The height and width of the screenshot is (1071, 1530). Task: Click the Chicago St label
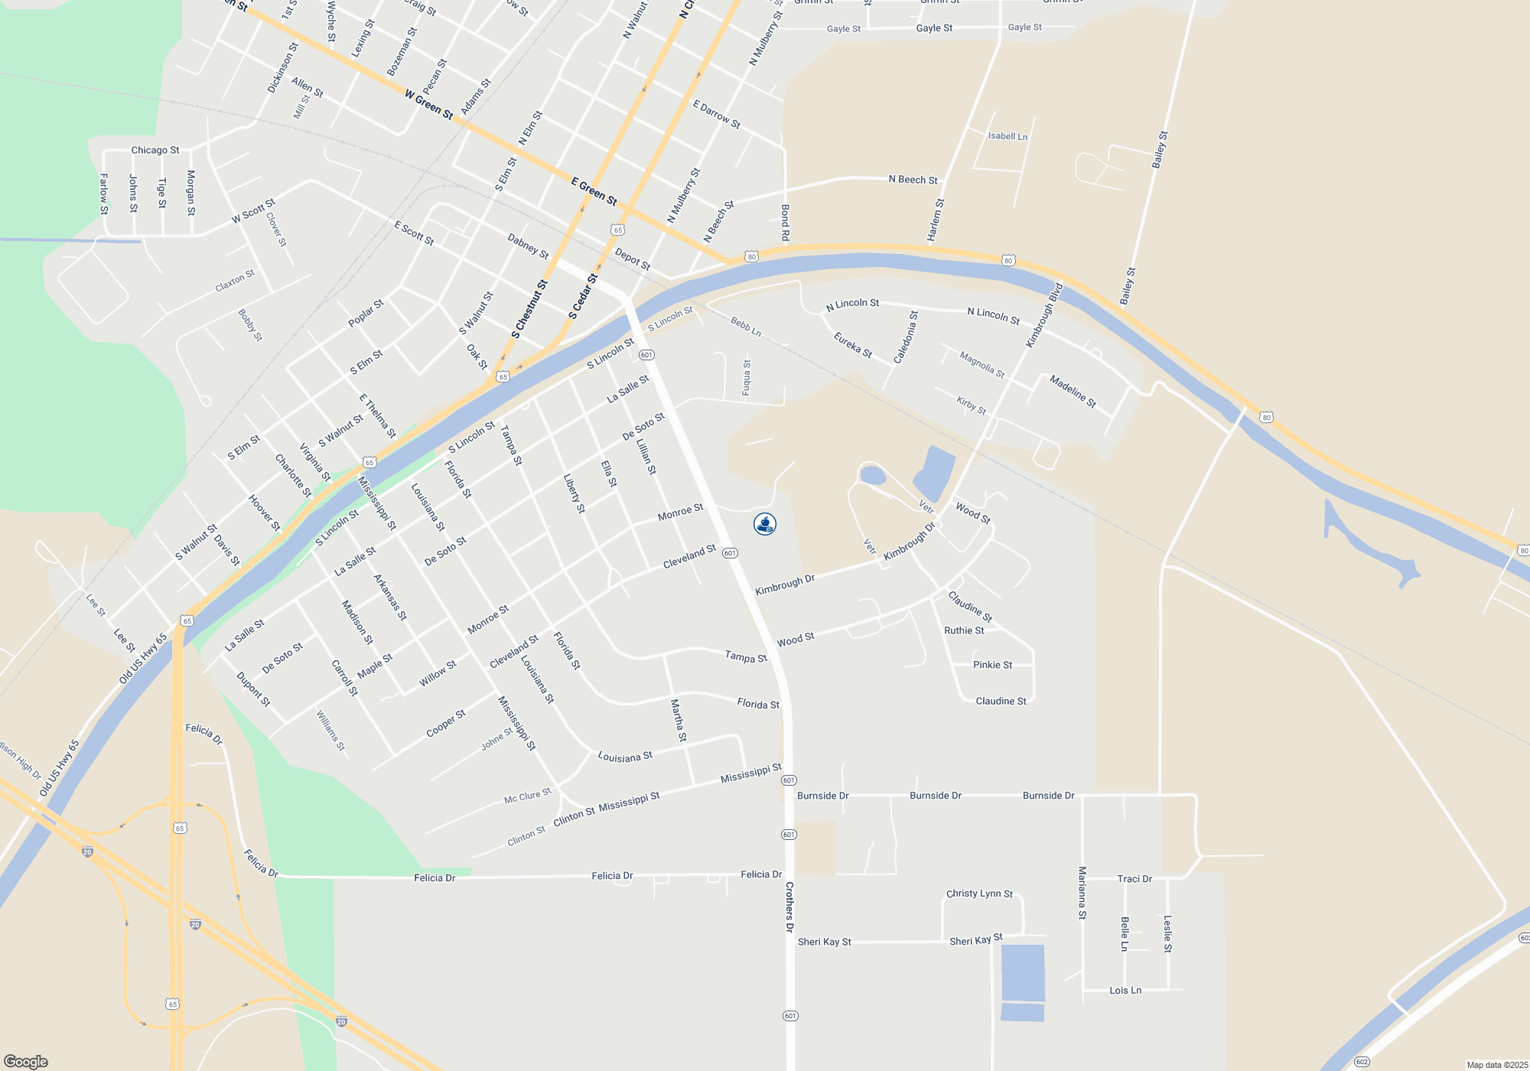[155, 150]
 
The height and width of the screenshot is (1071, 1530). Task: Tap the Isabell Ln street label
[1008, 136]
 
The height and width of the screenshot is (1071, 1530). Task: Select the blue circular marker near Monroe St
[765, 524]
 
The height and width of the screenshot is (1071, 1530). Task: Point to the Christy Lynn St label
[979, 894]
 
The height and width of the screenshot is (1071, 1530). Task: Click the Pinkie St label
[992, 665]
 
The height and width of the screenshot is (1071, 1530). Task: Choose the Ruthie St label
[964, 630]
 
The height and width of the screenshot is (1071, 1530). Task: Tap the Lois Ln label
[1125, 990]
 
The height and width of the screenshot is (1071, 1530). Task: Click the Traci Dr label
[1134, 879]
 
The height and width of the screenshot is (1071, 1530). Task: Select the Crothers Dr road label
[789, 907]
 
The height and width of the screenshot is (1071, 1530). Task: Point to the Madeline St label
[1073, 392]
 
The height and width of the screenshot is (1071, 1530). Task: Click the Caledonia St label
[906, 337]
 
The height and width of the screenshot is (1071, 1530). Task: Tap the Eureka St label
[853, 345]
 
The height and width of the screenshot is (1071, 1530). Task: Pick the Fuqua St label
[747, 377]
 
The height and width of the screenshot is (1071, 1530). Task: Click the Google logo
[26, 1062]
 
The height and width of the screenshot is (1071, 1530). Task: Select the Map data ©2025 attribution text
[1497, 1065]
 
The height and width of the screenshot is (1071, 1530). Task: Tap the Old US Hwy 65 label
[142, 659]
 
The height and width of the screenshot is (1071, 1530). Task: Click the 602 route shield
[1362, 1062]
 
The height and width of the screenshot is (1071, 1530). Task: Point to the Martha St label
[679, 721]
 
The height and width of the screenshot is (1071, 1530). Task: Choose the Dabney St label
[528, 246]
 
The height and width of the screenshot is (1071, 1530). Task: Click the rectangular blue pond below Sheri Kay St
[1023, 973]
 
